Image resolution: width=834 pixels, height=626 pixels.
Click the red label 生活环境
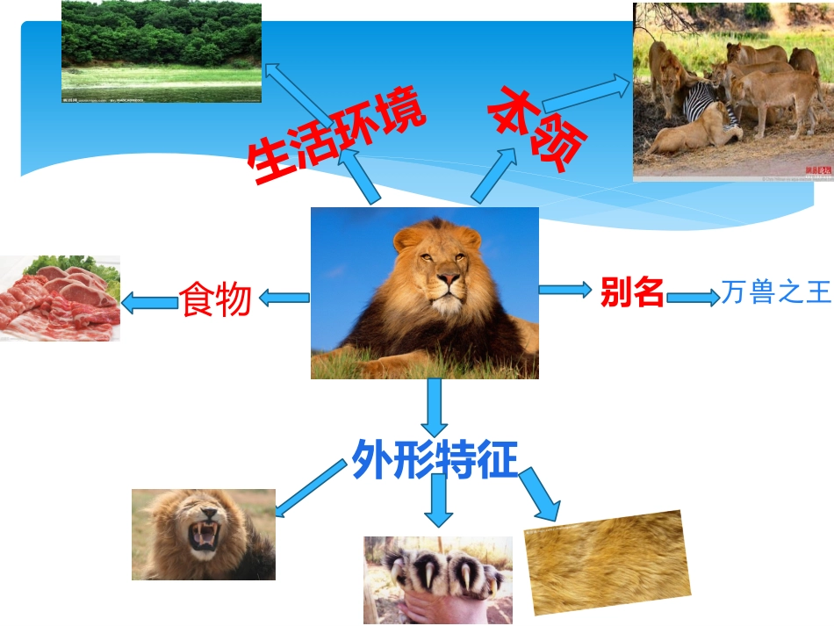[336, 137]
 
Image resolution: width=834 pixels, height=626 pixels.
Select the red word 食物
[216, 300]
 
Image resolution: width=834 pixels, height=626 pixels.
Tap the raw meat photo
[60, 299]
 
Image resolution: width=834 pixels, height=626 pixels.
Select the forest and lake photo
[162, 52]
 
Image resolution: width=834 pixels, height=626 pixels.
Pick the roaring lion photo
[203, 535]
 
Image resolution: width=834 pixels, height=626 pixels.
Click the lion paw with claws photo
[437, 579]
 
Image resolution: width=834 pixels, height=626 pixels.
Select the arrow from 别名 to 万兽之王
[693, 298]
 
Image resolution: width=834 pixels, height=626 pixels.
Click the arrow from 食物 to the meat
[149, 304]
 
